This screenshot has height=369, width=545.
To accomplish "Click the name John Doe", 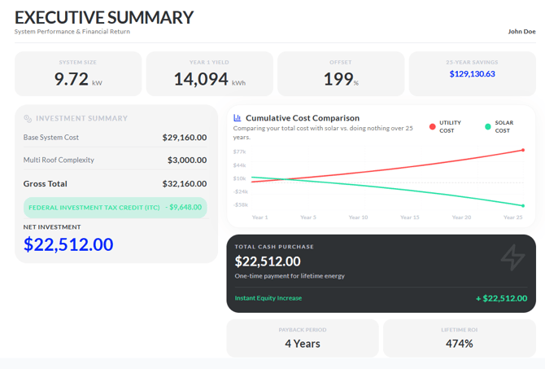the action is coord(521,31).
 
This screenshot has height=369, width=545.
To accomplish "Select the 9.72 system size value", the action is coord(72,79).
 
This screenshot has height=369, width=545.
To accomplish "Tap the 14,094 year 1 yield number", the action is coord(201,79).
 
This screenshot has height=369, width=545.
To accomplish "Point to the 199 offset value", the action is coord(338,79).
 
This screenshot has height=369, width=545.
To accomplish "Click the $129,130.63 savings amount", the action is coord(472,74).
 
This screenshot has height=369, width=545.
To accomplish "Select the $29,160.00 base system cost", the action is coord(185,138).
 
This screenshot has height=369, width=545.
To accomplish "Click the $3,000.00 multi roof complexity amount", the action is coord(187,160).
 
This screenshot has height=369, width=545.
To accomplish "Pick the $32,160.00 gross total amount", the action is coord(185,184).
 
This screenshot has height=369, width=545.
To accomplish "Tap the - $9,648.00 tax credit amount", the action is coord(184,208).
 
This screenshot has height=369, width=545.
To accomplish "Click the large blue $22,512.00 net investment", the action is coord(68,244).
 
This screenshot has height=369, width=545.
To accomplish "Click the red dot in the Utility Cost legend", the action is coord(433,127).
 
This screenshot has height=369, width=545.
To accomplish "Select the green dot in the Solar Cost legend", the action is coord(488,127).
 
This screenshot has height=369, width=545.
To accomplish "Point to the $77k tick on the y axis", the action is coord(239,152).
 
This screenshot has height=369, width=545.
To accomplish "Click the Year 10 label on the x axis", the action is coord(359,217).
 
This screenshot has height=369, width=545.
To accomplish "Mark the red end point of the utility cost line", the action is coord(523,150).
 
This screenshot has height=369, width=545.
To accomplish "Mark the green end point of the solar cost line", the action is coord(523,206).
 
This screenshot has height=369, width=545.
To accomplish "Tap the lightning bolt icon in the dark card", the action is coord(513,257).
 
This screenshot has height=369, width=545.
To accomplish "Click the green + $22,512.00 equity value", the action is coord(502,298).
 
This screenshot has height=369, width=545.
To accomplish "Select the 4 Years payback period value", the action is coord(303,344).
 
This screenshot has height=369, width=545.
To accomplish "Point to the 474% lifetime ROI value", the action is coord(459,344).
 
